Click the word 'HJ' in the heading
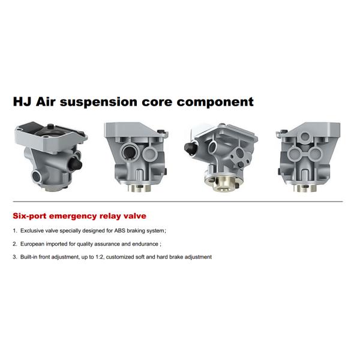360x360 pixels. point(23,101)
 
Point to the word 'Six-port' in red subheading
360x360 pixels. point(31,215)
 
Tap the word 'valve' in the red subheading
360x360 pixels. point(134,215)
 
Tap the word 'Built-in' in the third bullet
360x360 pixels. point(31,257)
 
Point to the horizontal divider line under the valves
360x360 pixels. point(180,202)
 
